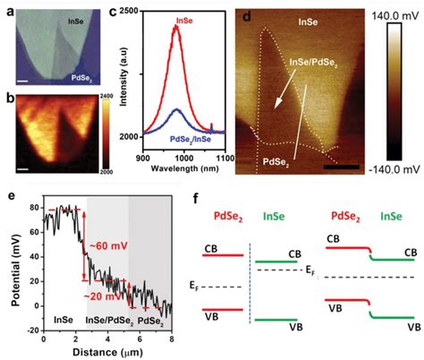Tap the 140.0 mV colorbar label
tap(398, 17)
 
